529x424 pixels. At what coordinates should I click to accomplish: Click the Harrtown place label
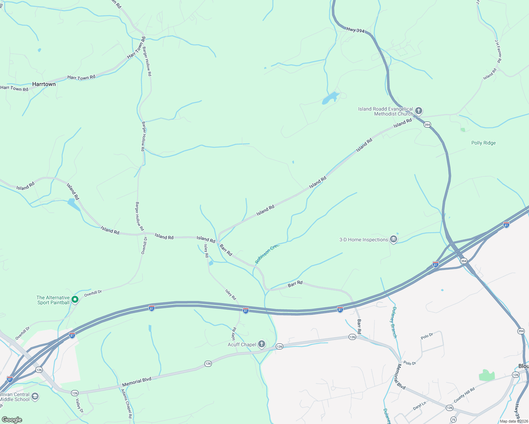tap(44, 84)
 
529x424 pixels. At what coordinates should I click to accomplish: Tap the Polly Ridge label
tap(483, 143)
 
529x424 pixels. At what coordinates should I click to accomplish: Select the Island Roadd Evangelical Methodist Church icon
tap(418, 111)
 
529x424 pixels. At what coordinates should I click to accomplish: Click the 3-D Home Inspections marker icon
tap(394, 240)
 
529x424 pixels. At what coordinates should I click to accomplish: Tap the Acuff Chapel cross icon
tap(261, 344)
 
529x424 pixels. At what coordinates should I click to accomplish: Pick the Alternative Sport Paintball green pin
tap(75, 300)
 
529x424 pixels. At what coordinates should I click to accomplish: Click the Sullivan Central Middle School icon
tap(35, 396)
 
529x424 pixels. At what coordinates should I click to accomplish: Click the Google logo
tap(12, 420)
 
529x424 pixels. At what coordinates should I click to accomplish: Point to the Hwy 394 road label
tap(355, 30)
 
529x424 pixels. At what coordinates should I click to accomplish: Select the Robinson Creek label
tap(267, 253)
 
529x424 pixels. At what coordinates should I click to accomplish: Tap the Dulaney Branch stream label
tap(394, 322)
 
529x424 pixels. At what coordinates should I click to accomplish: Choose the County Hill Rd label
tap(464, 395)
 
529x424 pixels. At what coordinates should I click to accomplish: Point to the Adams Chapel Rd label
tap(127, 404)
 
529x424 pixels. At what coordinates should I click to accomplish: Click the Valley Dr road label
tap(80, 406)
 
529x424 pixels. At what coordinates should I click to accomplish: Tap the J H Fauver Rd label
tap(498, 51)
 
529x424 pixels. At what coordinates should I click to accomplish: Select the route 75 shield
tap(453, 420)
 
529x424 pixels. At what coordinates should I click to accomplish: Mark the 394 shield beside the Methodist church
tap(427, 125)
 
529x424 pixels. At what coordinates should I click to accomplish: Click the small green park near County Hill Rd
tap(487, 375)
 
